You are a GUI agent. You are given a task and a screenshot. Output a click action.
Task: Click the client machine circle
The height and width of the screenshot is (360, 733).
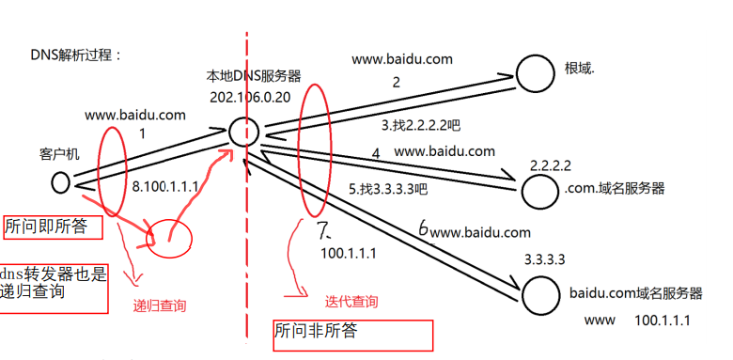click(x=61, y=181)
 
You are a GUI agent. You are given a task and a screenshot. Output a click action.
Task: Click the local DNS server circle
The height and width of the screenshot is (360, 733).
click(x=243, y=132)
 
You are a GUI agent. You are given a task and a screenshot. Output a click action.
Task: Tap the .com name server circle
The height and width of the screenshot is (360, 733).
click(x=540, y=191)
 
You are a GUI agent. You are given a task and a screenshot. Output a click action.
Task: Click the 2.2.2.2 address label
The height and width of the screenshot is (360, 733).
click(x=551, y=164)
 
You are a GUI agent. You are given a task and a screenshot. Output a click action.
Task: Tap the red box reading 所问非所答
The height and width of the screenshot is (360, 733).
click(x=351, y=334)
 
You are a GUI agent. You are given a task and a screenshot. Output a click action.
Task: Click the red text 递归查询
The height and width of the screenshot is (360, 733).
click(x=160, y=305)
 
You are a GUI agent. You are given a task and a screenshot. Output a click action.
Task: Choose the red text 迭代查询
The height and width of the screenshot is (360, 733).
click(x=351, y=302)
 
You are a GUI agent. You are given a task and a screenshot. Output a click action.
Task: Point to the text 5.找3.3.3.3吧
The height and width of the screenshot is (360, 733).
click(x=388, y=188)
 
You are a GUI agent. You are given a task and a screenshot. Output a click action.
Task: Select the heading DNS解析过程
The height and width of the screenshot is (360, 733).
click(x=77, y=55)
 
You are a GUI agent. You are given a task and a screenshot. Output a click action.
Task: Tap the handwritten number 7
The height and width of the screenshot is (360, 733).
click(x=324, y=229)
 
